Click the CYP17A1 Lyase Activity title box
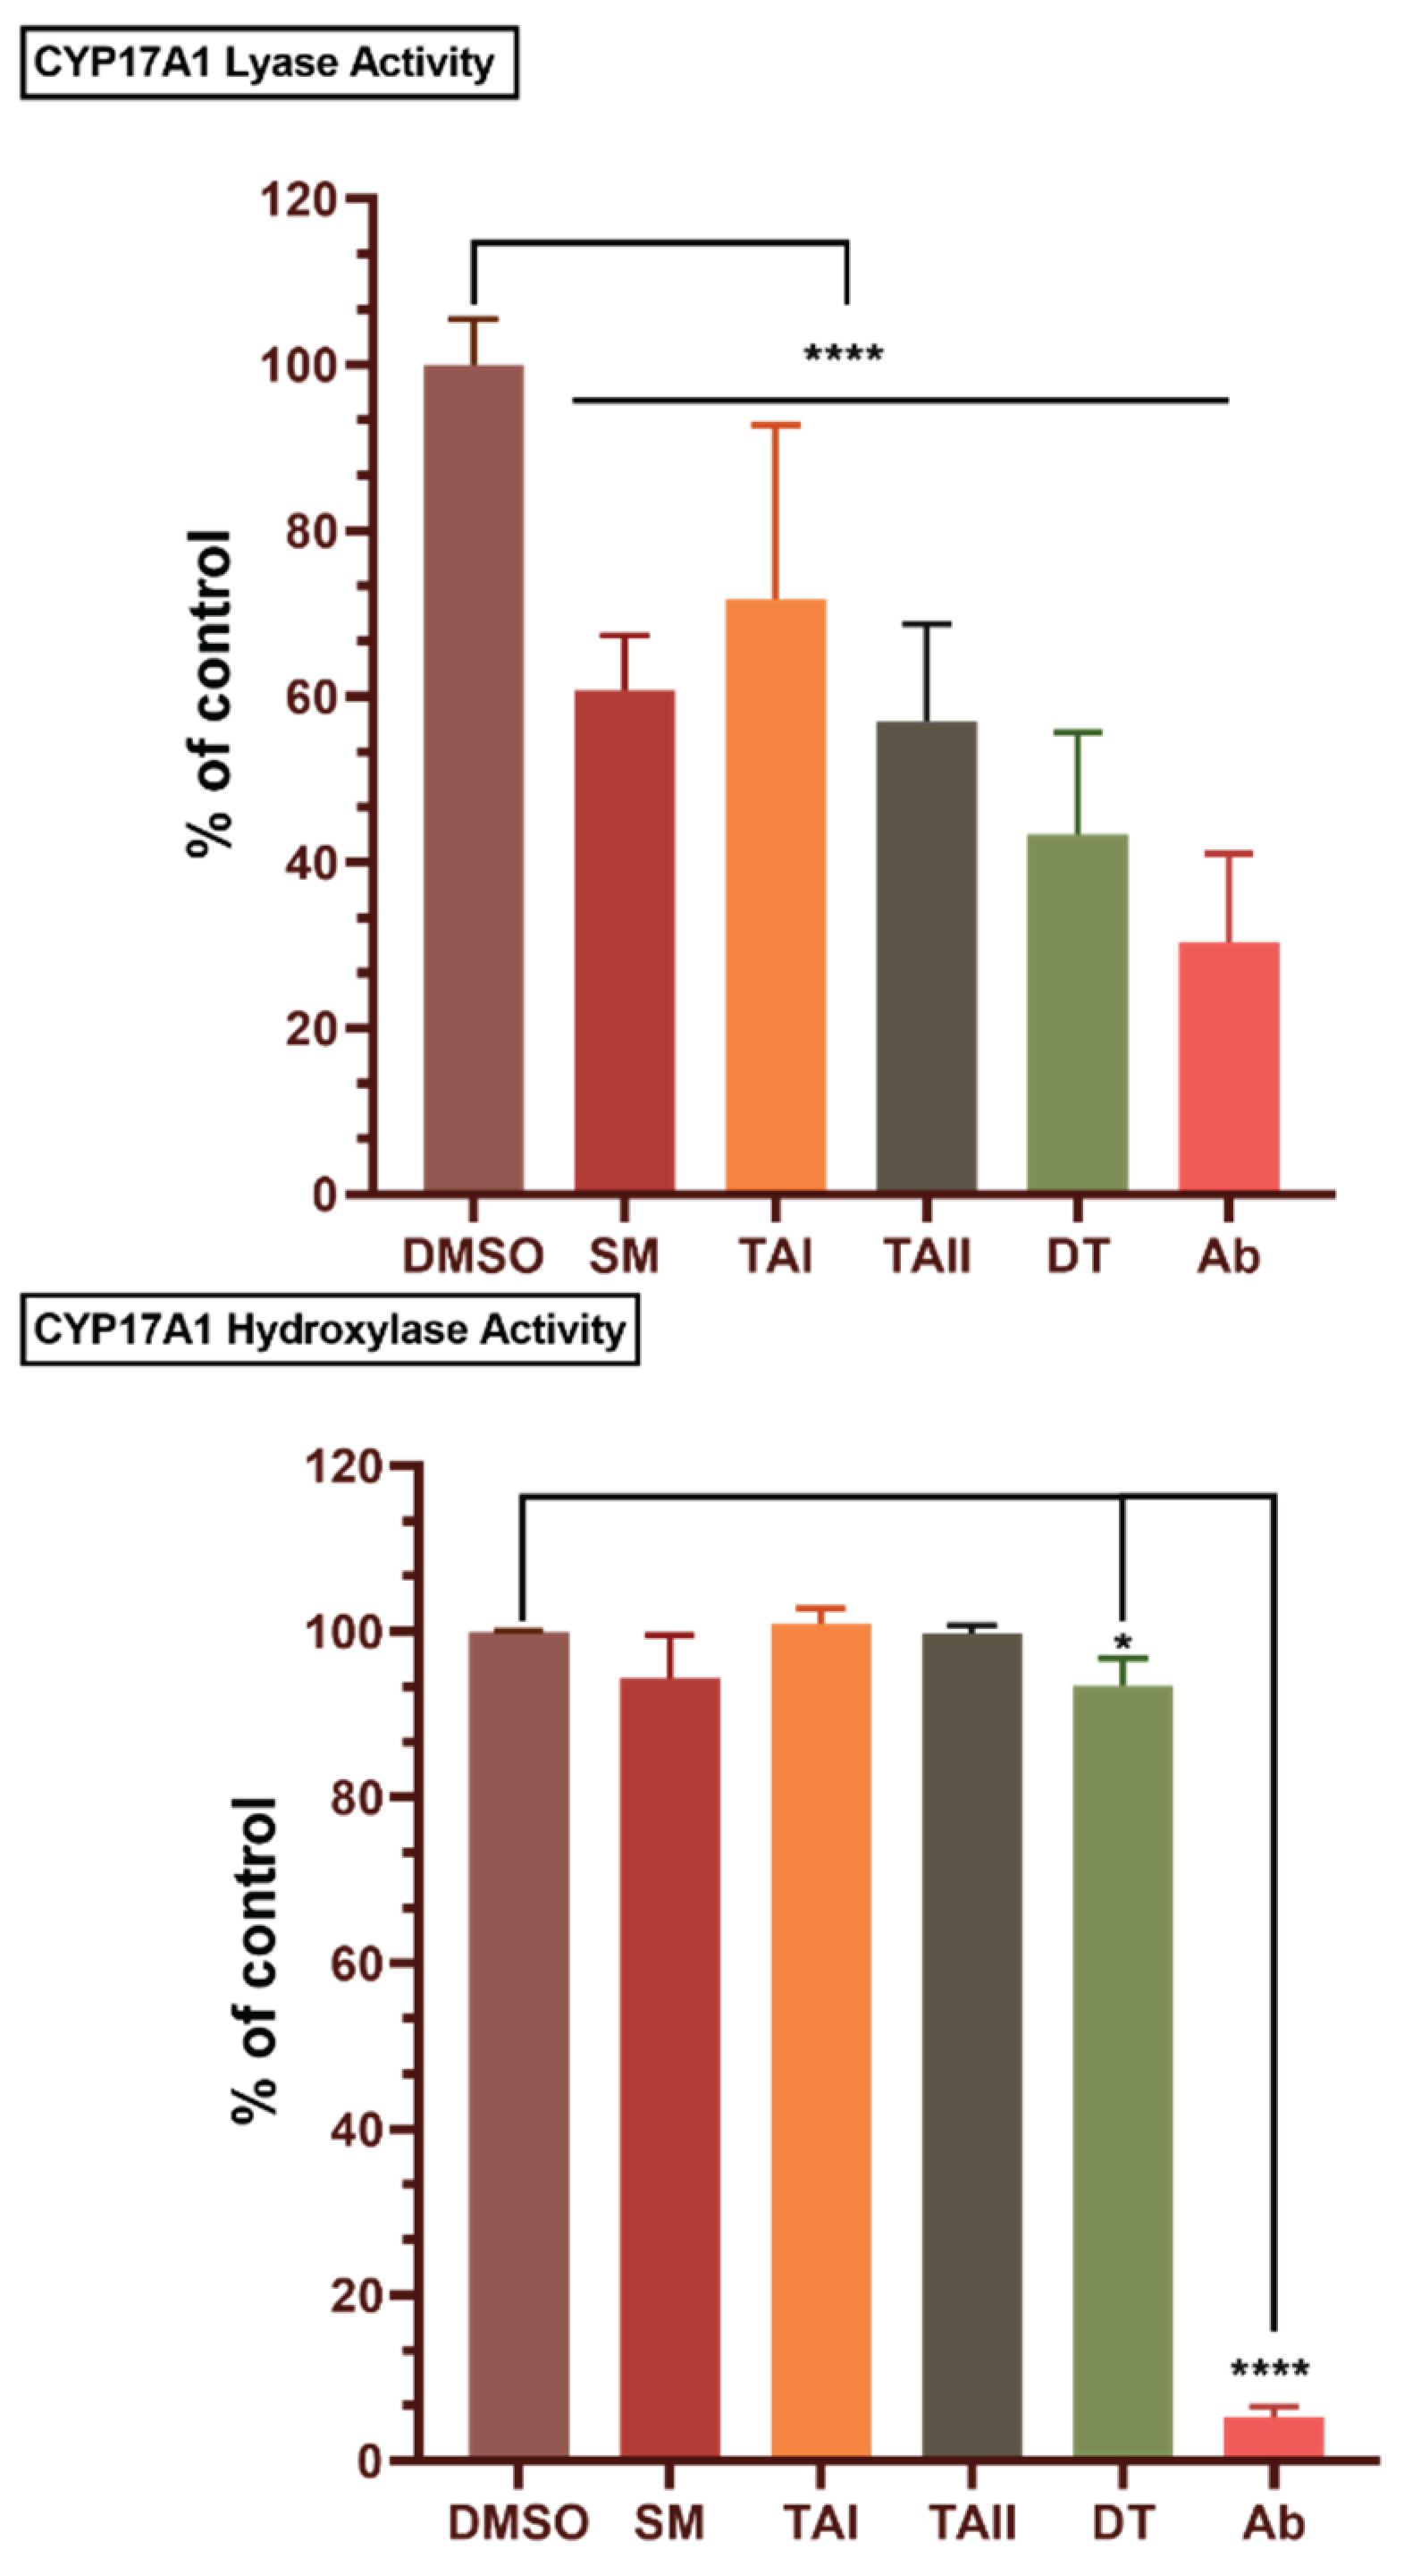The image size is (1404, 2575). coord(268,63)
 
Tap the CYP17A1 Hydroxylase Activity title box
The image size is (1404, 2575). coord(329,1330)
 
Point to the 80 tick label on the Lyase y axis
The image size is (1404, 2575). coord(310,531)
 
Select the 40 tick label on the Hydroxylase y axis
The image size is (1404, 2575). coord(354,2129)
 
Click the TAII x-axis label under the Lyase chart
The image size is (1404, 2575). coord(927,1255)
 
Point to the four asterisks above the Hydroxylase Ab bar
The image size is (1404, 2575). coord(1269,2369)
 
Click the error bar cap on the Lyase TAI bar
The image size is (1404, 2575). coord(776,425)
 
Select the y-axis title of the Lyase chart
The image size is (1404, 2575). coord(210,695)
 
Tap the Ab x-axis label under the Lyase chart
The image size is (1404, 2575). coord(1228,1255)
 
